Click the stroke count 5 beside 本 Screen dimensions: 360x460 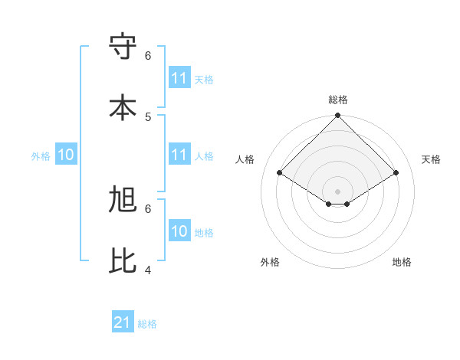148,116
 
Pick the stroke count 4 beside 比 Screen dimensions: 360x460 148,270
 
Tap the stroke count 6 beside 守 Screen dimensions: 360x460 148,55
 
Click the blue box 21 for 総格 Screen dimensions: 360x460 123,322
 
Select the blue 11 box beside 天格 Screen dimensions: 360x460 179,78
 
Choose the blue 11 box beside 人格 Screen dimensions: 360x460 179,155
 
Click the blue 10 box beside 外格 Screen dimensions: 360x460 66,155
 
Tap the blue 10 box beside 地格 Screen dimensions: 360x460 179,231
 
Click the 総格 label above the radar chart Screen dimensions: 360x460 338,100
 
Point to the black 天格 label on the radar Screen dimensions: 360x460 431,159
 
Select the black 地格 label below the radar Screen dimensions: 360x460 402,262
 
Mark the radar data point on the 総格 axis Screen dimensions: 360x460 338,116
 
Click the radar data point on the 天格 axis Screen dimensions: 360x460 396,173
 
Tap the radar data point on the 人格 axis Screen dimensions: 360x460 280,173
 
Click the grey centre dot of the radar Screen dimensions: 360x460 338,191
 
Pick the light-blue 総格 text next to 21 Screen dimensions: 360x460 147,324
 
